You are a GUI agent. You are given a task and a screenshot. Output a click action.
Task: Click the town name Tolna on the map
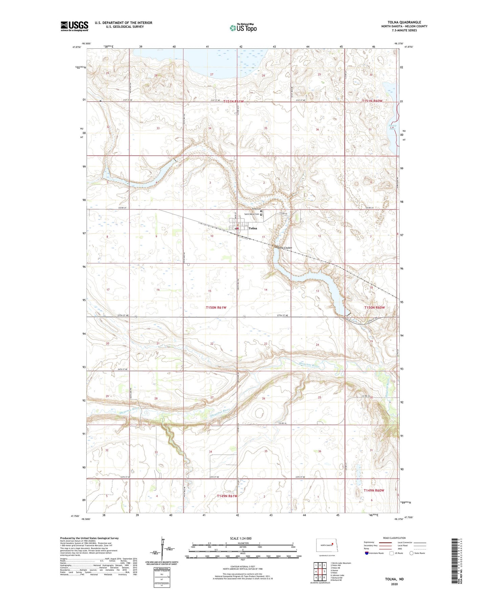[253, 228]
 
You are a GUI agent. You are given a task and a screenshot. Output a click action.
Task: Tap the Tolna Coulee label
[284, 248]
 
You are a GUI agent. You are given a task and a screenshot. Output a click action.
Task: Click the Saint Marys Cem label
[252, 214]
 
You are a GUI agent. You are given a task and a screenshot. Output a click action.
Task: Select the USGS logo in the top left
[74, 26]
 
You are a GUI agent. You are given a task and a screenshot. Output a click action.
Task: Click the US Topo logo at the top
[243, 28]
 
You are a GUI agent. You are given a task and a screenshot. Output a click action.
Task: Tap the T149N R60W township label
[374, 490]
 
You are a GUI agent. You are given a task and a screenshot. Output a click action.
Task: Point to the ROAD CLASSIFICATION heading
[394, 538]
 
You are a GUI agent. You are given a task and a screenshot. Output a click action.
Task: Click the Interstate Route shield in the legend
[367, 553]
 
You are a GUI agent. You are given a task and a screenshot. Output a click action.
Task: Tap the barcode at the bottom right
[456, 561]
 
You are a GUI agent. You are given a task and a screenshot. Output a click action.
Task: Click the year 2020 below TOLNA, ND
[394, 584]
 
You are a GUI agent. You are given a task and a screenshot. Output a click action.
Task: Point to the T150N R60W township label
[374, 308]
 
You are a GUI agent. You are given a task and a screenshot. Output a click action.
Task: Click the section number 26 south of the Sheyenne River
[264, 398]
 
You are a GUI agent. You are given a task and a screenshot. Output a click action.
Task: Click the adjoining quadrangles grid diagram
[320, 572]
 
